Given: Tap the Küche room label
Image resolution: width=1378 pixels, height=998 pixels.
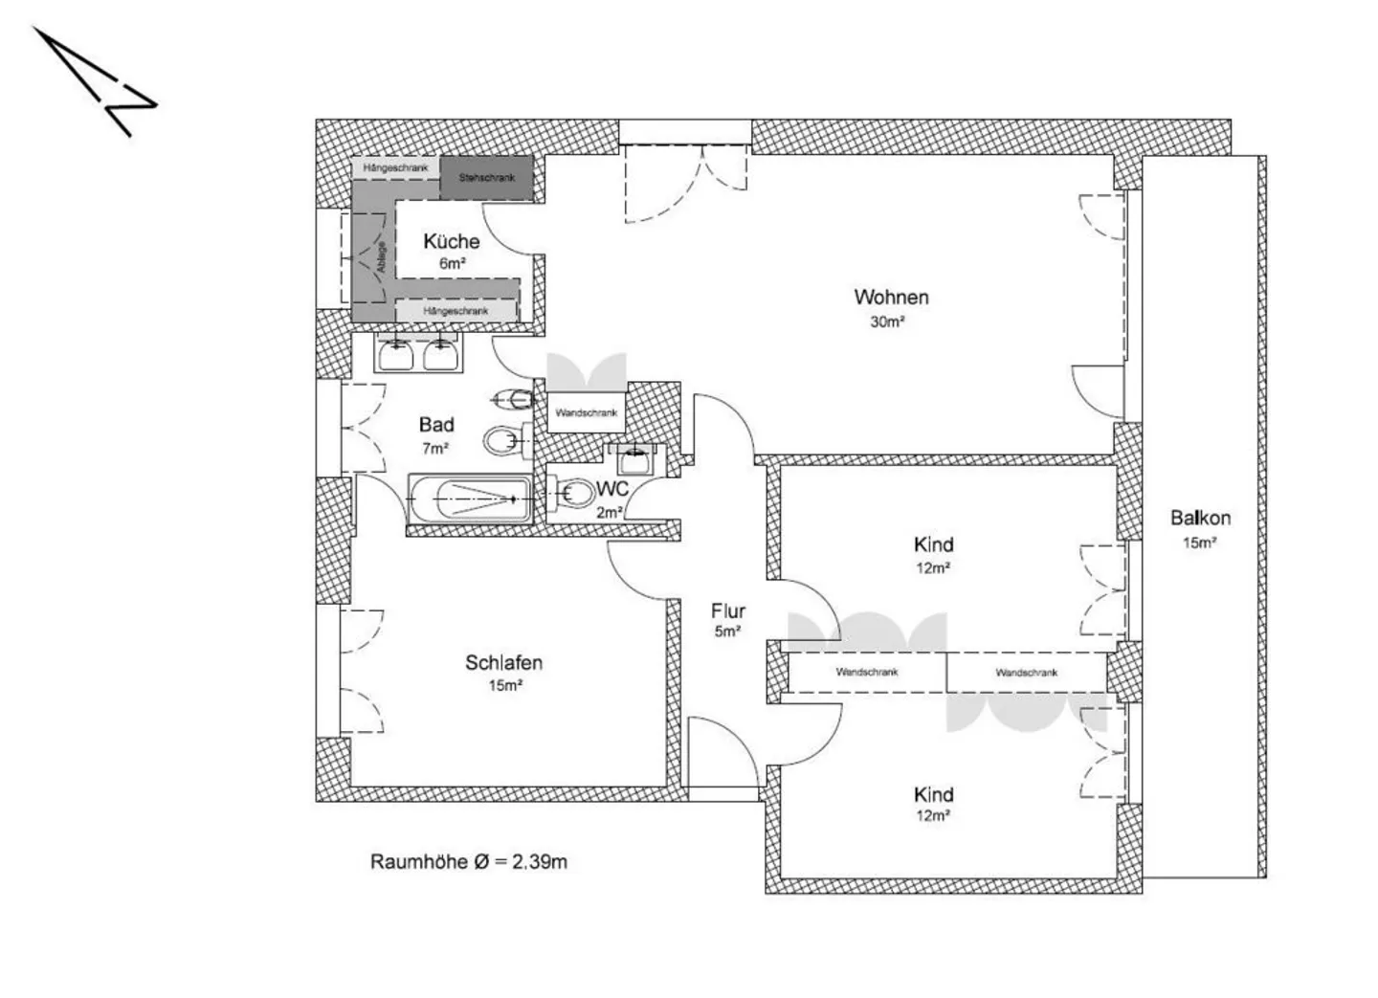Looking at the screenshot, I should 451,242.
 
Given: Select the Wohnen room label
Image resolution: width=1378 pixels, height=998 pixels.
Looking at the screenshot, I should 891,298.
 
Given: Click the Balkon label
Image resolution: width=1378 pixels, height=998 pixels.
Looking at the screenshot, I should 1200,519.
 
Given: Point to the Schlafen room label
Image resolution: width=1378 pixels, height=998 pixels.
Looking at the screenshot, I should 503,662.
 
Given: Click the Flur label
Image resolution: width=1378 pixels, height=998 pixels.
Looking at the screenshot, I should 727,611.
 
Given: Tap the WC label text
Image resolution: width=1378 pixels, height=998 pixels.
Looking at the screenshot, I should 612,489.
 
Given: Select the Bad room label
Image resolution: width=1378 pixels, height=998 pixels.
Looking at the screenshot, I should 436,425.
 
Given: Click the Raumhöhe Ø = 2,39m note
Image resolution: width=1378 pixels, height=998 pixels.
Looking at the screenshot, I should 468,861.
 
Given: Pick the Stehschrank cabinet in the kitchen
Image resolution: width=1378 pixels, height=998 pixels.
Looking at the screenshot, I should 486,178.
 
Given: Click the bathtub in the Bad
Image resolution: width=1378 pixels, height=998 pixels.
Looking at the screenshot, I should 469,499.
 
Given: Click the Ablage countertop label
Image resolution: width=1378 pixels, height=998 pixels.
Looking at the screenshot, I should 381,258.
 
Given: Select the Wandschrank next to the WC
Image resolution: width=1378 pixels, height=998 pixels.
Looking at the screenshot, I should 586,413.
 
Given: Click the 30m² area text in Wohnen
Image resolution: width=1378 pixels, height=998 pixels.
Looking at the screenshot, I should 887,322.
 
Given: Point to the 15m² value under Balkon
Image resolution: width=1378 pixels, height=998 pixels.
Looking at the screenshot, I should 1199,543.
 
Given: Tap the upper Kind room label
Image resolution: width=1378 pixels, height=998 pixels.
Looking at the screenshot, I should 933,545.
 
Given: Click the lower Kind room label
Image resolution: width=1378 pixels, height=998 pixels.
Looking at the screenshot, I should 933,795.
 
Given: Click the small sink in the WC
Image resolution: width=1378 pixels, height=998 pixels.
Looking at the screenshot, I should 633,459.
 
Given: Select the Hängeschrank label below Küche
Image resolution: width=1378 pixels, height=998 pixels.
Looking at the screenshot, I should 456,311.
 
